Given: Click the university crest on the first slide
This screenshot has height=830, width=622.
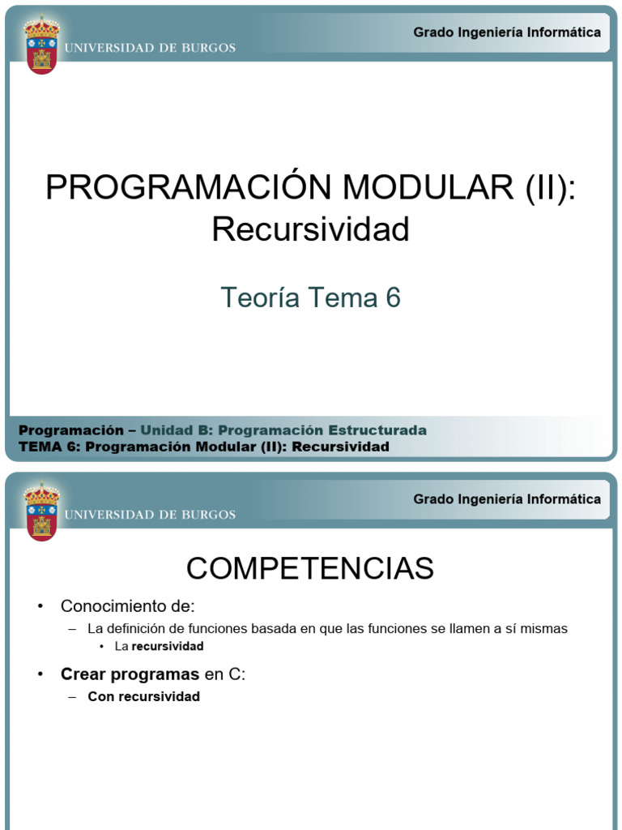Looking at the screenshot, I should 41,45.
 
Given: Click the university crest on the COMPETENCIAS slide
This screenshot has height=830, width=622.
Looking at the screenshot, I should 41,512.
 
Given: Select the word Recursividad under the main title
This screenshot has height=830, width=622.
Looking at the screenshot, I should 311,229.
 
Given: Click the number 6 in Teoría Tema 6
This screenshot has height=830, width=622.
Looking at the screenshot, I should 393,298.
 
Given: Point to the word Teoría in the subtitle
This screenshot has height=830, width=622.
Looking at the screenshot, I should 255,298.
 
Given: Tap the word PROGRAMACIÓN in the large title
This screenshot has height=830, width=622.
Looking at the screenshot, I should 190,188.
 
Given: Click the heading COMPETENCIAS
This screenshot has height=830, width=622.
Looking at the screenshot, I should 310,569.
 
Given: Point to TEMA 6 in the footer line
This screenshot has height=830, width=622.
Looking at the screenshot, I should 47,447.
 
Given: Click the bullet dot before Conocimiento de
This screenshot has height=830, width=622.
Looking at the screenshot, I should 40,607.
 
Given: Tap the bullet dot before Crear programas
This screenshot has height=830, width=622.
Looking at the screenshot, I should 40,674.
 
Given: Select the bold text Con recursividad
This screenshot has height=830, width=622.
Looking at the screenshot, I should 144,697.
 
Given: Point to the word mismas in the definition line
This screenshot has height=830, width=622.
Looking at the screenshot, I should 545,629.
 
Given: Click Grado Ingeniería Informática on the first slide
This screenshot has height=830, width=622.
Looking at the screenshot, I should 507,32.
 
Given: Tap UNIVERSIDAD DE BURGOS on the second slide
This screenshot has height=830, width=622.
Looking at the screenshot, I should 150,515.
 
